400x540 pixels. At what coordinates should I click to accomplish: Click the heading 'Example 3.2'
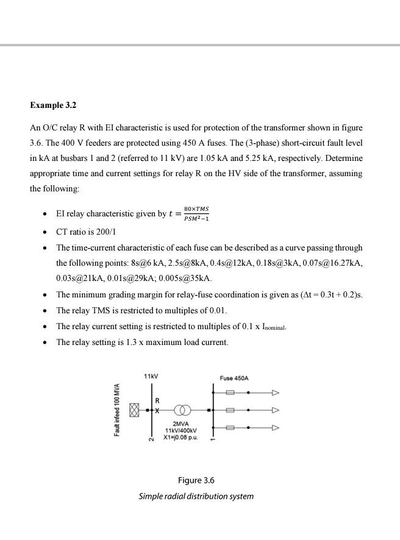(53, 105)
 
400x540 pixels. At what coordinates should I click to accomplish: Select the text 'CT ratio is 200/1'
(86, 232)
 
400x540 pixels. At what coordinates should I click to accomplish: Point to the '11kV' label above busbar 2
(151, 377)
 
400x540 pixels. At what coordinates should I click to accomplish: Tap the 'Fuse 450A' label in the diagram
(234, 378)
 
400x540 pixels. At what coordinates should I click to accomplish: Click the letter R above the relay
(159, 400)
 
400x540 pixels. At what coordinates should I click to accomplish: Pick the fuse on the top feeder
(230, 393)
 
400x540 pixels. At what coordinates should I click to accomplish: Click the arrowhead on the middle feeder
(275, 410)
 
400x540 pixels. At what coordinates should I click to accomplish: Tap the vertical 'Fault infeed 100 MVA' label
(116, 410)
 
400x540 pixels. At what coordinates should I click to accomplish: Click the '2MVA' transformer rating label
(180, 423)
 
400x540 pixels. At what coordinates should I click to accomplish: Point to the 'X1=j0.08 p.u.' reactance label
(180, 437)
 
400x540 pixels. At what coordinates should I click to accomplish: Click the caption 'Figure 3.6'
(196, 480)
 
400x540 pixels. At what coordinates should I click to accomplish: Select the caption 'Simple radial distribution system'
(196, 496)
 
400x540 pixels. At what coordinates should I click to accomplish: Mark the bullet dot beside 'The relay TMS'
(45, 311)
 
